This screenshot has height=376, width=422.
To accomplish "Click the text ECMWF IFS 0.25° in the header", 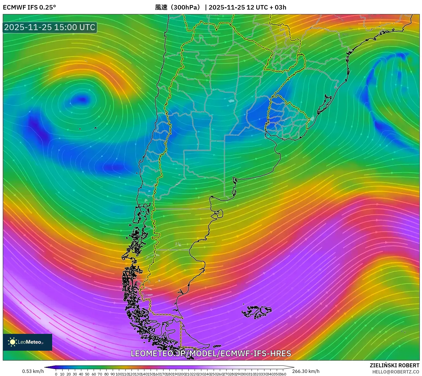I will pos(29,7).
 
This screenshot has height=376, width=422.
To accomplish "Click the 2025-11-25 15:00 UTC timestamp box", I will pos(50,27).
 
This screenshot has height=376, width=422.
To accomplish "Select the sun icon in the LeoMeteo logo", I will pos(12,342).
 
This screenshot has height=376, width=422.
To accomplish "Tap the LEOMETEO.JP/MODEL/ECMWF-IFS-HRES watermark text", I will pos(211,354).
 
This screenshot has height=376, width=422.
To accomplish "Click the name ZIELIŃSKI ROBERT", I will pos(394,365).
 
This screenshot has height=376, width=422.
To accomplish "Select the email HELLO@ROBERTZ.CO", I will pos(396,372).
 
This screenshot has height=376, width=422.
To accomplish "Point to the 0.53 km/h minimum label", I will pos(33,371).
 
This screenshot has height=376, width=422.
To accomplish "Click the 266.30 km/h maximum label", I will pos(306,371).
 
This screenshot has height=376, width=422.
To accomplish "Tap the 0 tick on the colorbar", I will pos(56,374).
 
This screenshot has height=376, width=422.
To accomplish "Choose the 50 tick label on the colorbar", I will pos(87,374).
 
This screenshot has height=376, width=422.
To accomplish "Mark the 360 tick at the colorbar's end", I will pos(283,374).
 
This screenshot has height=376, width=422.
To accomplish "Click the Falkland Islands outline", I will pos(257,311).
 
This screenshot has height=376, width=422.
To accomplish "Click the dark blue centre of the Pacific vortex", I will pos(82,99).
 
